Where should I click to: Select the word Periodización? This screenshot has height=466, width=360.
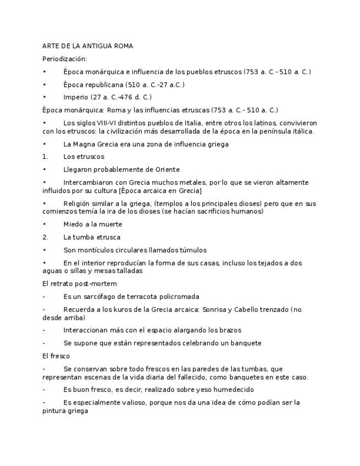point(65,59)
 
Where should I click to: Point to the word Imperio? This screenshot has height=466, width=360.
point(75,97)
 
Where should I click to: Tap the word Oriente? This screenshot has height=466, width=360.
point(165,170)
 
